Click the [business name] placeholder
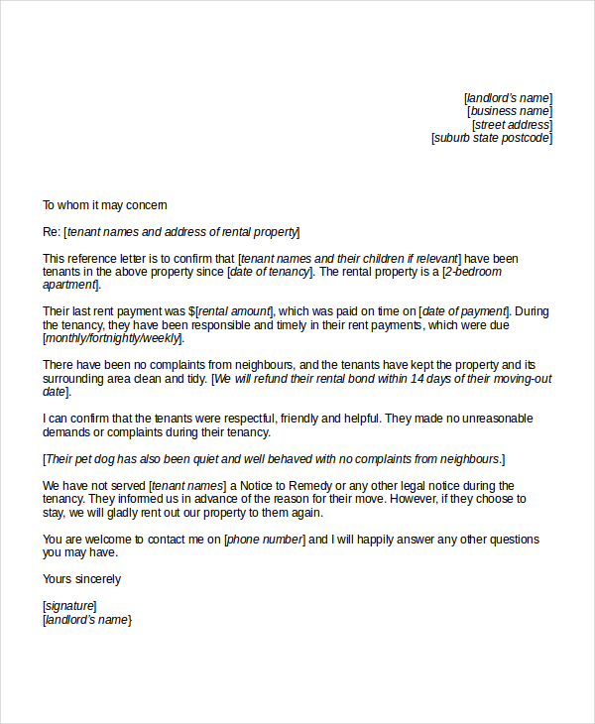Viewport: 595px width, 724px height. (x=510, y=111)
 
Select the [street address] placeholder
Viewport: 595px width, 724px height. (x=512, y=125)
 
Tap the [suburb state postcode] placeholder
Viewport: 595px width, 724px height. (x=492, y=138)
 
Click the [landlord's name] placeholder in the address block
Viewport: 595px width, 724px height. (x=508, y=97)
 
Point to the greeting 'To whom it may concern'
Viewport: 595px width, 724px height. (x=104, y=205)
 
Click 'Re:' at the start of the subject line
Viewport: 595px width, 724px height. (x=52, y=232)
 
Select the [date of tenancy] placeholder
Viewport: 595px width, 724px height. (x=270, y=272)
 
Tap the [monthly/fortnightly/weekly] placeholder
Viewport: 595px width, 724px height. (x=112, y=338)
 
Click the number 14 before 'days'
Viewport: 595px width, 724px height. (x=416, y=378)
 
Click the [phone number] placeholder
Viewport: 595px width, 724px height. (x=265, y=540)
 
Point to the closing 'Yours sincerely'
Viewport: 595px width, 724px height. (x=81, y=579)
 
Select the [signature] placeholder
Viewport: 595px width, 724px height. (x=69, y=606)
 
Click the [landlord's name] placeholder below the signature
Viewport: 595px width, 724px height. (x=87, y=620)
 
